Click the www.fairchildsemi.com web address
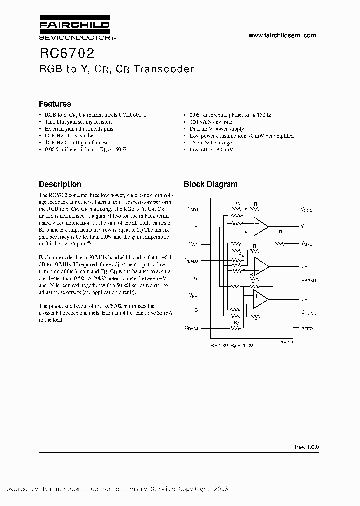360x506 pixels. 282,35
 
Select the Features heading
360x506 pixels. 55,104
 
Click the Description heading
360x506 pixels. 60,184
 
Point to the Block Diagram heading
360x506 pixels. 210,184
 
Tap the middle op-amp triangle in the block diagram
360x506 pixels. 260,263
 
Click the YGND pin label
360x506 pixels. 306,244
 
